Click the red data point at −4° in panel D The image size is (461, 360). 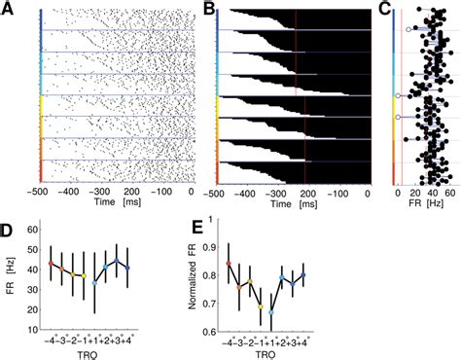tap(51, 264)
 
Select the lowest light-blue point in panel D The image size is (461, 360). tap(95, 282)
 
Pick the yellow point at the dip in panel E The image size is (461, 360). tap(261, 306)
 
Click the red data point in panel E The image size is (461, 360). tap(229, 263)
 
